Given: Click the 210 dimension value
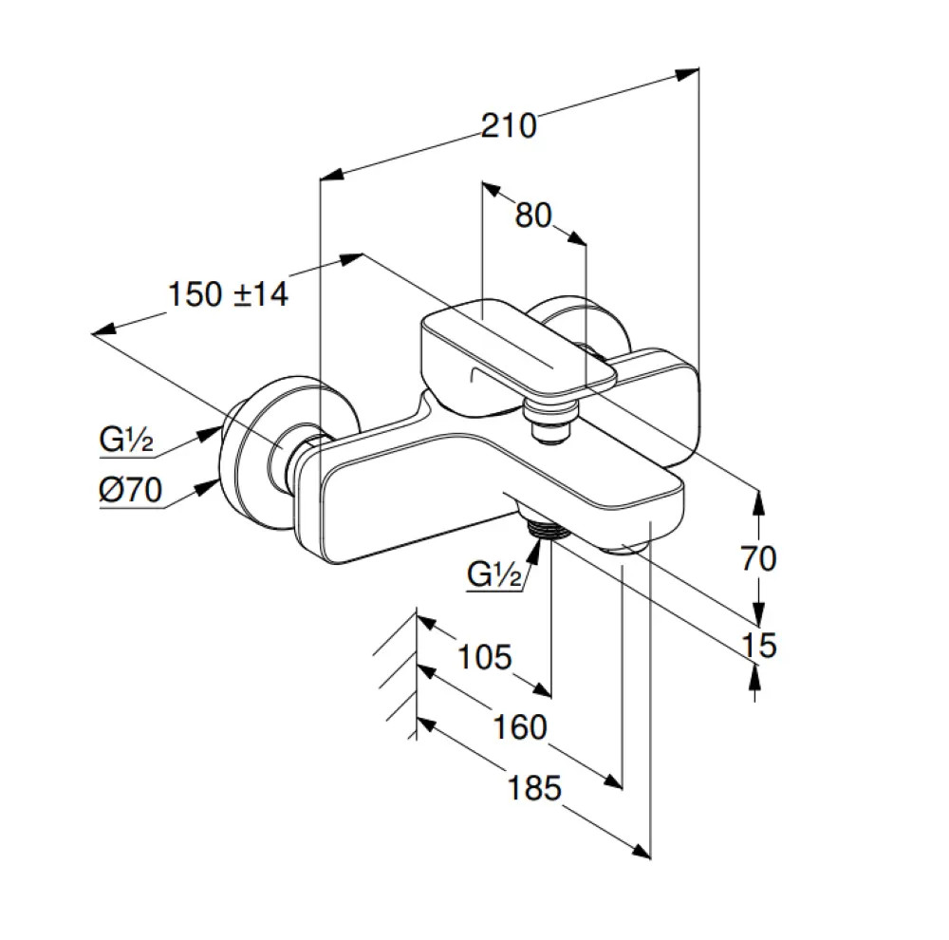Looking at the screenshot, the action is click(x=509, y=126).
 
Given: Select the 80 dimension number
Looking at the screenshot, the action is click(x=533, y=215).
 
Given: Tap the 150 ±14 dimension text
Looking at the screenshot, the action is click(x=228, y=294).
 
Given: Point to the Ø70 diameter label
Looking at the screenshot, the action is click(x=130, y=489).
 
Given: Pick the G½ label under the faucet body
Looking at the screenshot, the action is click(x=493, y=573).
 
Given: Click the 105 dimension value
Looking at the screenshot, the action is click(x=485, y=656).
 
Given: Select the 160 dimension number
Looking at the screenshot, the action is click(x=520, y=726).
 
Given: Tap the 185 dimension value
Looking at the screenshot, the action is click(x=534, y=788).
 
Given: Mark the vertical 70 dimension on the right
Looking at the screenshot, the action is click(x=758, y=557).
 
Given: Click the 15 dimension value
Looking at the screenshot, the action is click(x=759, y=645).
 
